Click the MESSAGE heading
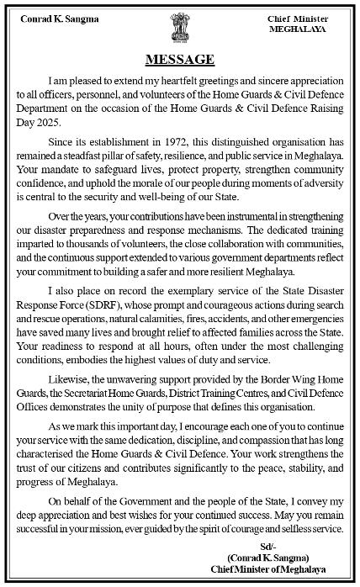click(180, 60)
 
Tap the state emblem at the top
click(178, 24)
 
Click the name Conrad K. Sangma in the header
click(58, 18)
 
